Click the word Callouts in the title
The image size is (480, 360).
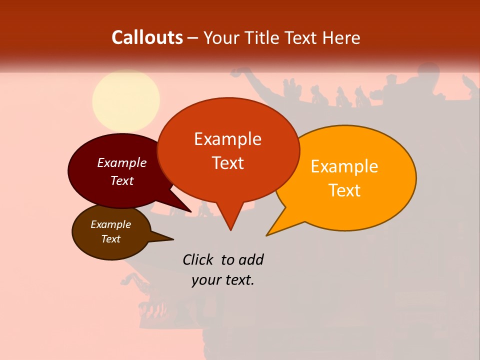[147, 37]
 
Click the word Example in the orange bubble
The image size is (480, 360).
[344, 166]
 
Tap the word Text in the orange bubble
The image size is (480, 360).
[344, 190]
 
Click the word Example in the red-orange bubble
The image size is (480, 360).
[227, 138]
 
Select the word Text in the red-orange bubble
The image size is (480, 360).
[227, 163]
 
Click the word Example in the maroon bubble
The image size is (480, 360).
[122, 162]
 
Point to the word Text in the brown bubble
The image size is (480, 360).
[111, 239]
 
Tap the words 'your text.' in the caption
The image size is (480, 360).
[223, 280]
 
